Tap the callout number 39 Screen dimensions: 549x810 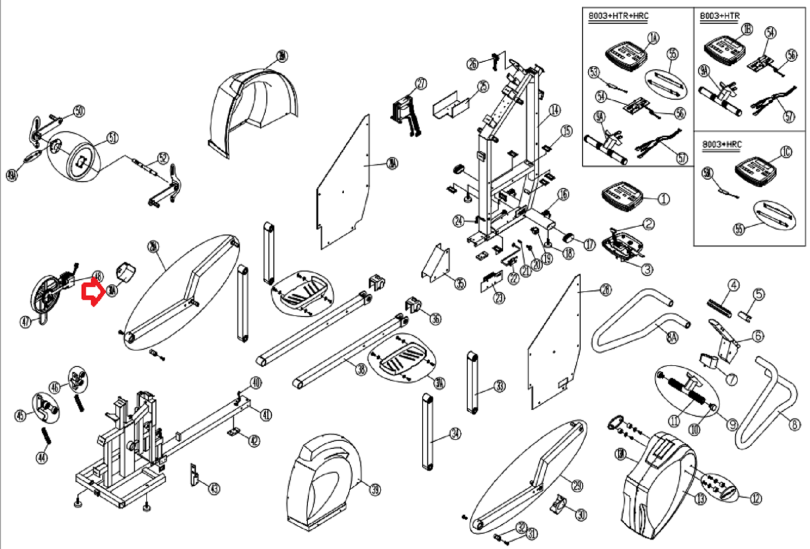[x=375, y=489]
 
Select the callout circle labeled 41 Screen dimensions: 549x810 [x=266, y=415]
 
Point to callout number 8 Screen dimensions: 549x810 [x=794, y=424]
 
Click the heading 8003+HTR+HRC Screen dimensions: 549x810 [x=618, y=16]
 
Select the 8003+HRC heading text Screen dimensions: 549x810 [x=721, y=145]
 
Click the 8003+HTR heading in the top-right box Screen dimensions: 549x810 [x=719, y=16]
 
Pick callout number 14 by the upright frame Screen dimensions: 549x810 [x=555, y=110]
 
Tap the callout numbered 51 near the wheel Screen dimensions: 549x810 [x=112, y=138]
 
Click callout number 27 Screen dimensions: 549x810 [x=421, y=83]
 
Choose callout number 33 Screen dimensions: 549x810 [x=500, y=387]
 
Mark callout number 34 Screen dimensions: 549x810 [x=456, y=434]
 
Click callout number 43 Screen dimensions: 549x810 [x=215, y=488]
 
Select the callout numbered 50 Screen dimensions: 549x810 [x=79, y=111]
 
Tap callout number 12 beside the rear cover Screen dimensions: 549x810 [x=756, y=498]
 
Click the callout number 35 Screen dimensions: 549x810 [x=460, y=283]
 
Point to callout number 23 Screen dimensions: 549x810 [x=499, y=298]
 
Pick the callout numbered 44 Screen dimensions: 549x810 [x=42, y=457]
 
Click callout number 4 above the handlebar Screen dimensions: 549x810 [x=734, y=285]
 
